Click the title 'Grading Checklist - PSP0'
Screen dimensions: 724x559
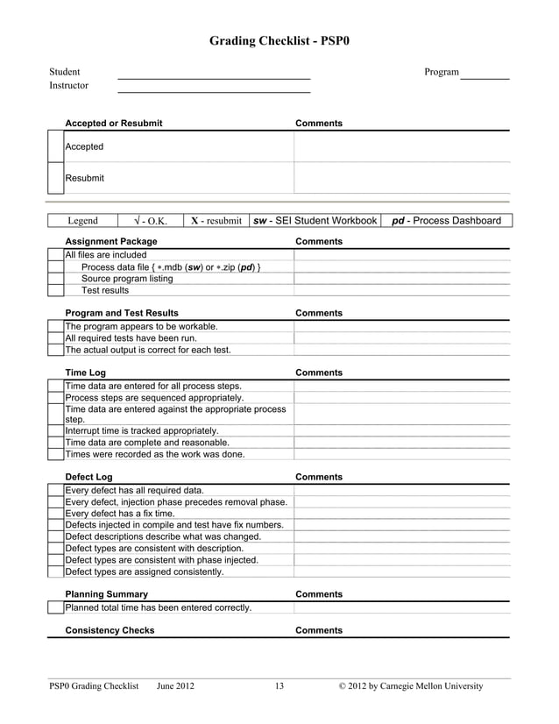pos(279,40)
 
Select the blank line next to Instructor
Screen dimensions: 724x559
pos(214,90)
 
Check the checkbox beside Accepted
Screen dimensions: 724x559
pos(55,146)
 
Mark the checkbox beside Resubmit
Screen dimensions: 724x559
pos(55,178)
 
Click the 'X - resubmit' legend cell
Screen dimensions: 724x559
pos(216,221)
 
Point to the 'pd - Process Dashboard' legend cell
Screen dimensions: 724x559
pos(447,221)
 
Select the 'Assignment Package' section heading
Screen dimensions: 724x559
pos(111,241)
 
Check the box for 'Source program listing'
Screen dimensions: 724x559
pos(55,279)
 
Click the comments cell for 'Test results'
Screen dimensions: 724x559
pos(400,290)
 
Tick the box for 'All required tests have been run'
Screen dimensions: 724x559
pos(55,338)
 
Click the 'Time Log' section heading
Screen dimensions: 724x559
pos(86,373)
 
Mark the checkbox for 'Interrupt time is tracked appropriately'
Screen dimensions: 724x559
pos(55,431)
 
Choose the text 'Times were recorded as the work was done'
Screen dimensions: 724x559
pos(155,454)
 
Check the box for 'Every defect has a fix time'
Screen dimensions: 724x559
pos(55,514)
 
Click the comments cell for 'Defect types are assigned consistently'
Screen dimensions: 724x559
pos(400,571)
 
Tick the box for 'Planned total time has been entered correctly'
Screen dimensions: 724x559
pos(55,607)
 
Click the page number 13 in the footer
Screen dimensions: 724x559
pos(279,686)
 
